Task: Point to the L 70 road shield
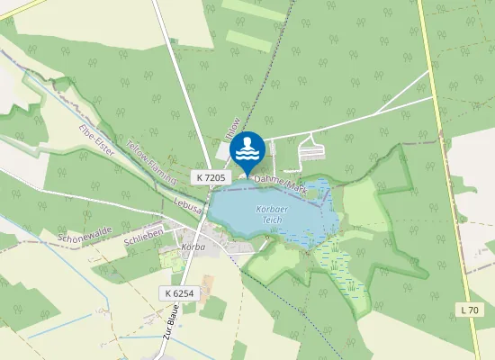click(x=470, y=310)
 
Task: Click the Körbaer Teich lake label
click(x=271, y=213)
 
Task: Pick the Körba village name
click(x=193, y=246)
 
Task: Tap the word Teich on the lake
click(x=273, y=219)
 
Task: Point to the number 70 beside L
click(x=474, y=310)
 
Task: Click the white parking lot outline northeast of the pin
click(x=310, y=142)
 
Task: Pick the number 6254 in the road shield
click(x=184, y=293)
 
